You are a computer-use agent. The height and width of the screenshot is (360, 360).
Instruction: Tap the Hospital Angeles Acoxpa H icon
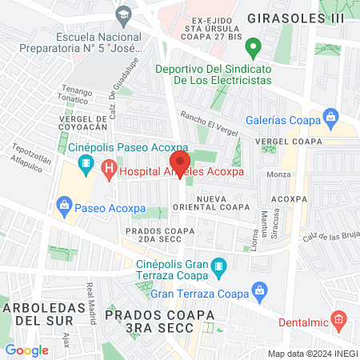[x=109, y=170]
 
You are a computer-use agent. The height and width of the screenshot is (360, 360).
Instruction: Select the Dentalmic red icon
[x=338, y=322]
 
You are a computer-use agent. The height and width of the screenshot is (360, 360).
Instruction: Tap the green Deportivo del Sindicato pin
[x=254, y=48]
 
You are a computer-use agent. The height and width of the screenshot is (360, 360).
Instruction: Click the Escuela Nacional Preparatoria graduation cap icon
[x=123, y=14]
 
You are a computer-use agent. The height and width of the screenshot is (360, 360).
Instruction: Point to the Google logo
[x=26, y=350]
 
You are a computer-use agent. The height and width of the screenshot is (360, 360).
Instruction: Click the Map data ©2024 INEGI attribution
[x=311, y=353]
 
